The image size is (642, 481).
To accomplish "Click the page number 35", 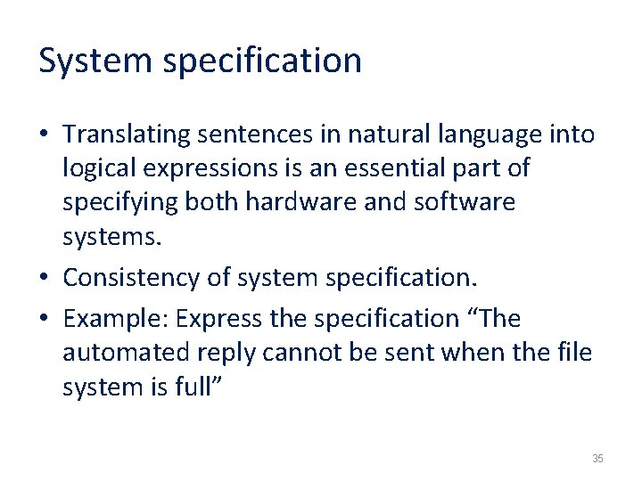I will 597,459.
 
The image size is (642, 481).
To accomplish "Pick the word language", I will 488,135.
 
